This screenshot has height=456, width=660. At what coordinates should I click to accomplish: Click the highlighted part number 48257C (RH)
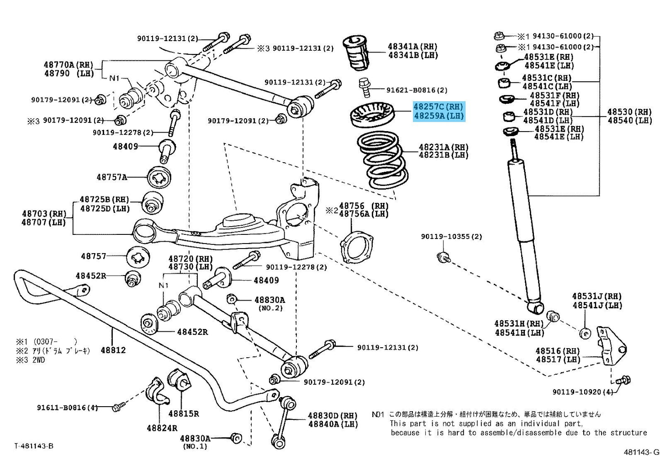tap(438, 107)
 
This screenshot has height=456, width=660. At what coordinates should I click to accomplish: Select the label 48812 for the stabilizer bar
tap(113, 350)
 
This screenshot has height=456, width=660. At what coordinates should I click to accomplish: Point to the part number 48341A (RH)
tap(412, 47)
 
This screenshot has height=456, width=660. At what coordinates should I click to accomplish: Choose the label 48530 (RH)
tap(630, 112)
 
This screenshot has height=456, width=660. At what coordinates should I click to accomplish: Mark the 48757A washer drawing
tap(159, 177)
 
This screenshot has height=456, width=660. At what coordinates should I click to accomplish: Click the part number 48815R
tap(184, 414)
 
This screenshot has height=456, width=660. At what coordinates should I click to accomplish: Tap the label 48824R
tap(162, 428)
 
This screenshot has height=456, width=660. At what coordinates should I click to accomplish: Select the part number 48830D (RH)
tap(333, 416)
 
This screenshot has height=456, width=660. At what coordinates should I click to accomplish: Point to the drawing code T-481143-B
tap(34, 446)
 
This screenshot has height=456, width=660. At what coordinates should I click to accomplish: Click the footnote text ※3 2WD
tap(31, 360)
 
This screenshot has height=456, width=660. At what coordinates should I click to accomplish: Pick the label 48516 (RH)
tap(558, 351)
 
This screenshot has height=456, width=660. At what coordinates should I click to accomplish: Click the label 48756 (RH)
tap(364, 206)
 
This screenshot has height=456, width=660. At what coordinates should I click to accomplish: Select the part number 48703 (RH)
tap(44, 214)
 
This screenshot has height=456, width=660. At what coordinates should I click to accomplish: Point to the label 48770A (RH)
tap(69, 64)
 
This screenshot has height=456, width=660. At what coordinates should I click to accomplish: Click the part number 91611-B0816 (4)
tap(67, 408)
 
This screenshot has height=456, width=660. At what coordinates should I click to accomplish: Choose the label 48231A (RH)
tap(444, 147)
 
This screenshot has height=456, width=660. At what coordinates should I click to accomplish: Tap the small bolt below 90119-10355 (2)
tap(443, 257)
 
